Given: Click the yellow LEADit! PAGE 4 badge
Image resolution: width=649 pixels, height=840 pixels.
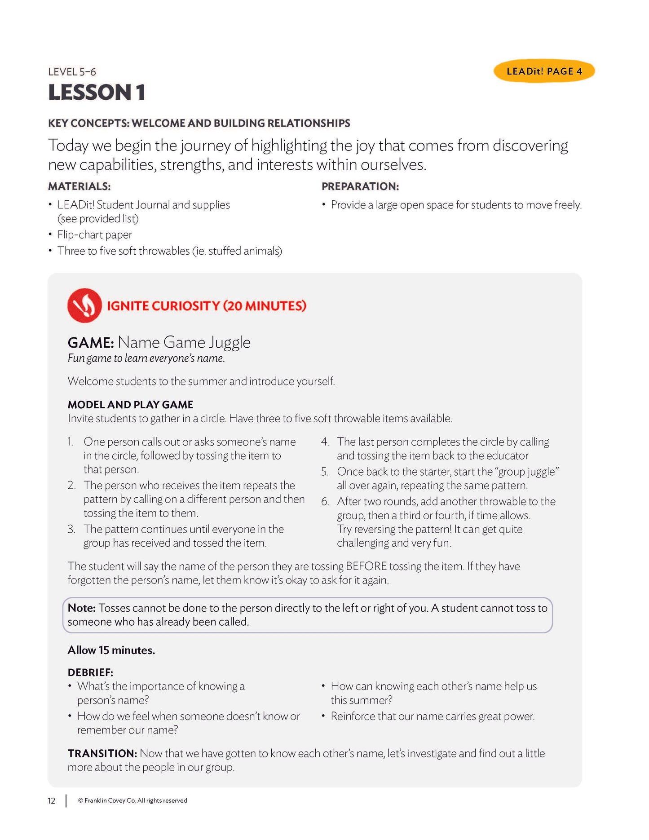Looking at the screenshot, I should (544, 71).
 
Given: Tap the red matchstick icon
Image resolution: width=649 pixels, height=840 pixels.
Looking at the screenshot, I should (84, 305).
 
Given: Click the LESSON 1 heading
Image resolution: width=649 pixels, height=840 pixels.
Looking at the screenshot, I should (97, 93).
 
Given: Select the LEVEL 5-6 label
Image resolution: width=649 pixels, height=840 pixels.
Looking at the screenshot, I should (72, 72).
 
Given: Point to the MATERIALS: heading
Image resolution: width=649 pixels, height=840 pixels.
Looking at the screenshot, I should (79, 186).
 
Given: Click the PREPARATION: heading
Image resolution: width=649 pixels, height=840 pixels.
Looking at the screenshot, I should (360, 186).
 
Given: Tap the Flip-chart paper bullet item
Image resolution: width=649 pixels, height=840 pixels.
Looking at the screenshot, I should (94, 234).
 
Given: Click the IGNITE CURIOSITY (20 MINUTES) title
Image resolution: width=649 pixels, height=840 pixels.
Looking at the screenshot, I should (206, 306).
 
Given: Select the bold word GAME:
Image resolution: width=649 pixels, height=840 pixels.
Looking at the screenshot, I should (91, 343).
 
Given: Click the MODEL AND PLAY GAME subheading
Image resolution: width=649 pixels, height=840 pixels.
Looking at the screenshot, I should (130, 405).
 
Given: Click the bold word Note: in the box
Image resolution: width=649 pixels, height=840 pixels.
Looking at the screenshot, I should (81, 608).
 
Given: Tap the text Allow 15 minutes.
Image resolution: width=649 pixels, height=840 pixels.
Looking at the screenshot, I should (111, 650).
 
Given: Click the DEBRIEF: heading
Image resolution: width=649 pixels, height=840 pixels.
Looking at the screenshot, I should (90, 672).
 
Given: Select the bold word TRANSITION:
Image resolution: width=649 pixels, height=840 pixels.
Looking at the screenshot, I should (102, 753).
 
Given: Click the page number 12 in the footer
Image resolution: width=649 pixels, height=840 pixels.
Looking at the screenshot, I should (52, 800).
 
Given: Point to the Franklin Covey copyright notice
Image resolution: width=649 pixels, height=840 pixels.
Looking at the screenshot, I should (132, 800).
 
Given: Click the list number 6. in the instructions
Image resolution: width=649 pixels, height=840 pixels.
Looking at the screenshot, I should (325, 502).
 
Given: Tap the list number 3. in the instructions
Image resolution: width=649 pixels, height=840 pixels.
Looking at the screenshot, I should (71, 529).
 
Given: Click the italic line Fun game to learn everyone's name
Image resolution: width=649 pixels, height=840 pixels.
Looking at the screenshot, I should (146, 358).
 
